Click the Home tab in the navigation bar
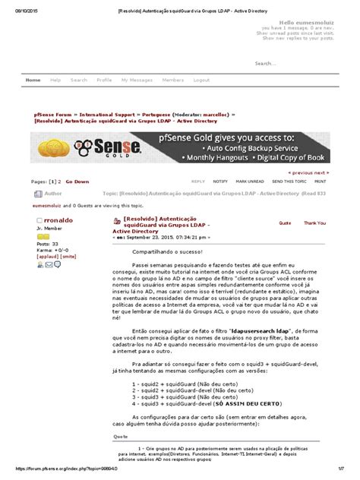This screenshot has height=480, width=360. [x=33, y=80]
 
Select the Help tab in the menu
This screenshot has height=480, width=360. [x=55, y=80]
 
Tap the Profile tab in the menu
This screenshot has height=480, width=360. [x=104, y=80]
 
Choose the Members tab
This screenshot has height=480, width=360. [x=172, y=80]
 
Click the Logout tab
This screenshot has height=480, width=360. [x=201, y=80]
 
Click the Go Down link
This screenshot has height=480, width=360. [x=77, y=182]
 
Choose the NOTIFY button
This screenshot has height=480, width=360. [x=220, y=182]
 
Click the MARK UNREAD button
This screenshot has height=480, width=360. [x=250, y=182]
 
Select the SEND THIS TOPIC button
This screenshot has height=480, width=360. [x=289, y=182]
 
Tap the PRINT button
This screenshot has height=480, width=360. [x=321, y=182]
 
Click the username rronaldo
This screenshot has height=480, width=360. [x=52, y=219]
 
